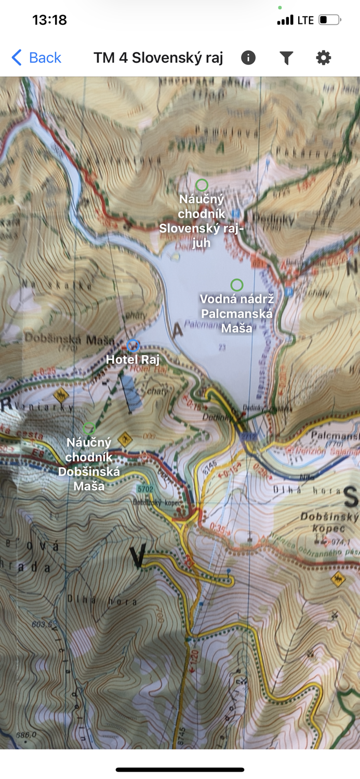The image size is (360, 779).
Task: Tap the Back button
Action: [x=36, y=58]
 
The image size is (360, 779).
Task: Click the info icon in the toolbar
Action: [x=248, y=58]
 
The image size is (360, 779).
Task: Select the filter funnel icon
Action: [x=286, y=58]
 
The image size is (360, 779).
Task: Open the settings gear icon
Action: [x=323, y=58]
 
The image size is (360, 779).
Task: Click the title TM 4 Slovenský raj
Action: [x=158, y=58]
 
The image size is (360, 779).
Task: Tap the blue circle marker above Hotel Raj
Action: [x=134, y=345]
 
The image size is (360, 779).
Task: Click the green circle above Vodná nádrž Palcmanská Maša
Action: [x=237, y=285]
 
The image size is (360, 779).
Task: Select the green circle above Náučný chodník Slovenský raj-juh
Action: [x=202, y=185]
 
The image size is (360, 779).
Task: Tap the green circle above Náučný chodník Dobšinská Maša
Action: [x=89, y=428]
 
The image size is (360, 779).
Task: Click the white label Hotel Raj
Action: [x=132, y=359]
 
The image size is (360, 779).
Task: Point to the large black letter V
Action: [x=138, y=556]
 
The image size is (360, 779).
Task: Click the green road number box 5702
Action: [x=145, y=489]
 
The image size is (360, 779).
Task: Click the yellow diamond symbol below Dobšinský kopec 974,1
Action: [x=338, y=579]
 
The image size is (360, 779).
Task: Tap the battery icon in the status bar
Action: [x=329, y=20]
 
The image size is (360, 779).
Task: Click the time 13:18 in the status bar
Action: [x=49, y=20]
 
